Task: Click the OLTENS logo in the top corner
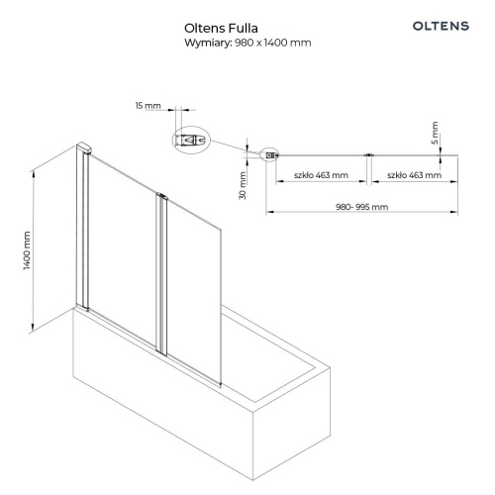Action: coord(441,26)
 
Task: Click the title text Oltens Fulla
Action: coord(221,29)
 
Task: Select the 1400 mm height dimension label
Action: coord(27,250)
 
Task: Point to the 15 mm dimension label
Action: coord(148,106)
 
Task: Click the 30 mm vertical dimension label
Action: coord(243,185)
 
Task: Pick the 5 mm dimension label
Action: coord(435,133)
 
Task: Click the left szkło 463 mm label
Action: coord(321,175)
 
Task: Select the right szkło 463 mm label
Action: coord(414,175)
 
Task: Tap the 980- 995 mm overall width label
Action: coord(361,207)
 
